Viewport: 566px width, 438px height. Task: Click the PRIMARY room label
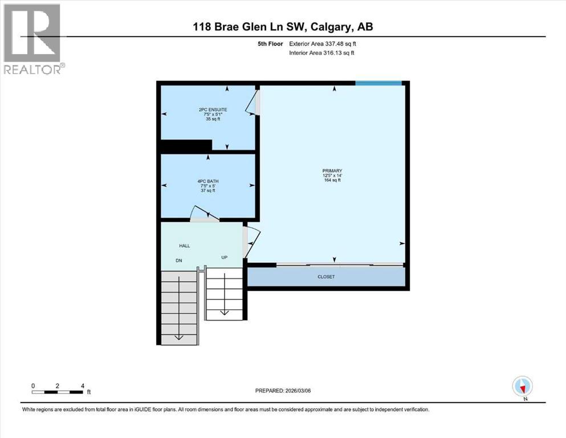point(331,171)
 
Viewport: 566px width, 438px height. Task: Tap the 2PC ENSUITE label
point(207,109)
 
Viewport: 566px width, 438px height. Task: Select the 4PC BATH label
point(207,181)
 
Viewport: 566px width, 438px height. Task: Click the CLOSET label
point(326,277)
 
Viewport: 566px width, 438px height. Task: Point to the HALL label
point(185,246)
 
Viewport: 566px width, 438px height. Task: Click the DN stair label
point(179,261)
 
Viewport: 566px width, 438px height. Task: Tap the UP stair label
point(225,258)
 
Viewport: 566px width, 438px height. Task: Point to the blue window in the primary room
point(378,83)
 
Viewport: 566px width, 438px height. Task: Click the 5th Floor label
point(268,43)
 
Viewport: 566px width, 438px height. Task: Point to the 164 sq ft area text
point(331,180)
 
